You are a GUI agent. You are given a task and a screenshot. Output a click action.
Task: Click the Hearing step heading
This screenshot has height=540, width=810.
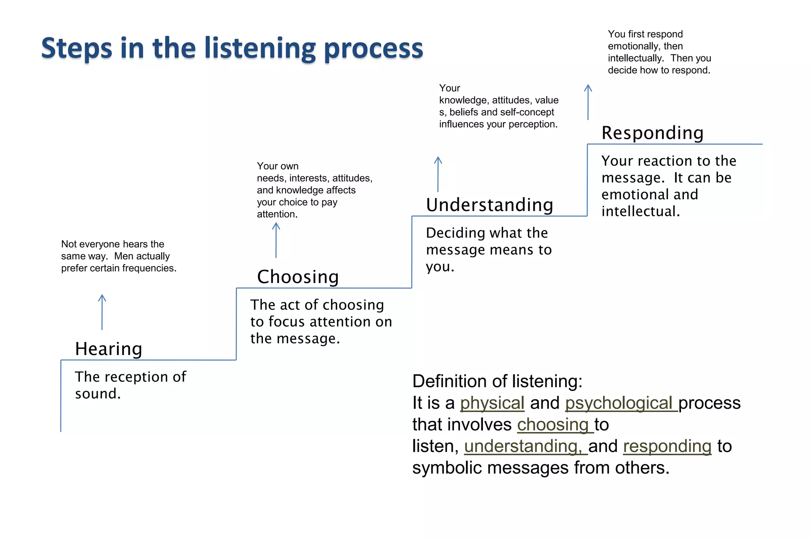pos(108,349)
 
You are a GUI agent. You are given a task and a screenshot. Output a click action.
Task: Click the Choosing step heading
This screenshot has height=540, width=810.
pos(298,277)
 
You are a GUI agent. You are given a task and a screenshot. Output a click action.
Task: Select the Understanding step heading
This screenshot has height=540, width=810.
pos(489,205)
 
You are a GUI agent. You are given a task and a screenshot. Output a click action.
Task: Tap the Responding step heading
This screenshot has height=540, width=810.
pos(652,133)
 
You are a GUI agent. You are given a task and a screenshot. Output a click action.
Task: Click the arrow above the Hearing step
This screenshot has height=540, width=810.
pos(102,312)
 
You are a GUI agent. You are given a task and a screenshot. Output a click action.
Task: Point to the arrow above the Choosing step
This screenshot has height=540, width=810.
pos(276,240)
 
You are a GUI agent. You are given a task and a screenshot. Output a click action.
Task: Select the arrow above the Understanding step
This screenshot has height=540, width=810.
pos(438,174)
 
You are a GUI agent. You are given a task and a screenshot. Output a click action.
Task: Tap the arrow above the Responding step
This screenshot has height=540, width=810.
pos(588,102)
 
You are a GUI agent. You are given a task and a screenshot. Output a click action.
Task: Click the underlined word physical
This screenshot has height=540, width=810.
pos(492,403)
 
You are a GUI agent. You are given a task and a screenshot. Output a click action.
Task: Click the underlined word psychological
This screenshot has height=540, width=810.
pos(621,403)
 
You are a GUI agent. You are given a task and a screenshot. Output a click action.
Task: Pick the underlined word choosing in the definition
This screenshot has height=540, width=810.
pos(553,425)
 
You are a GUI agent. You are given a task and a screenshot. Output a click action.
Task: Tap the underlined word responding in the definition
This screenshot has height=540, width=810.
pos(667,447)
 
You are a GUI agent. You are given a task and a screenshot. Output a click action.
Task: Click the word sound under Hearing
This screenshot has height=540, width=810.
pos(97,394)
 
